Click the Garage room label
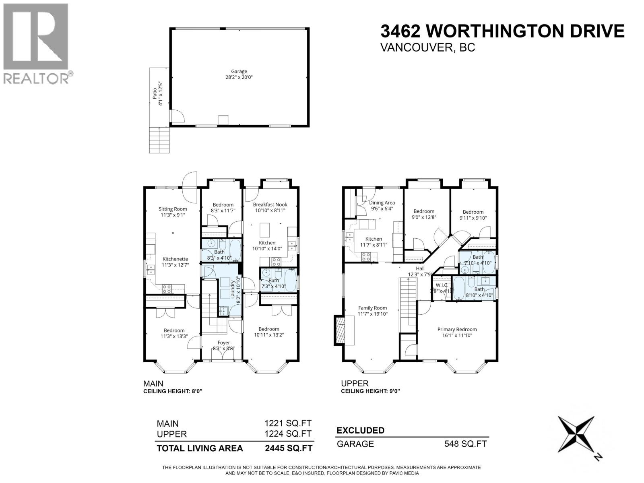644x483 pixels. pyautogui.click(x=239, y=72)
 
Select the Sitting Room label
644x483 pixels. pyautogui.click(x=173, y=209)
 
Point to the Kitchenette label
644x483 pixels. pyautogui.click(x=175, y=259)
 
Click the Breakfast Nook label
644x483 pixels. pyautogui.click(x=270, y=204)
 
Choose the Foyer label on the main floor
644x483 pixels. pyautogui.click(x=221, y=343)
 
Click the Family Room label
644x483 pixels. pyautogui.click(x=372, y=308)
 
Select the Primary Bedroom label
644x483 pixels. pyautogui.click(x=457, y=329)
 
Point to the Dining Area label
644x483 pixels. pyautogui.click(x=382, y=203)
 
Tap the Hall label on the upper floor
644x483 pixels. pyautogui.click(x=420, y=268)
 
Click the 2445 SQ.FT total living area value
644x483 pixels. pyautogui.click(x=288, y=448)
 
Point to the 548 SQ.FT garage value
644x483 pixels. pyautogui.click(x=465, y=444)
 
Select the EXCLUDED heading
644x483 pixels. pyautogui.click(x=360, y=430)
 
